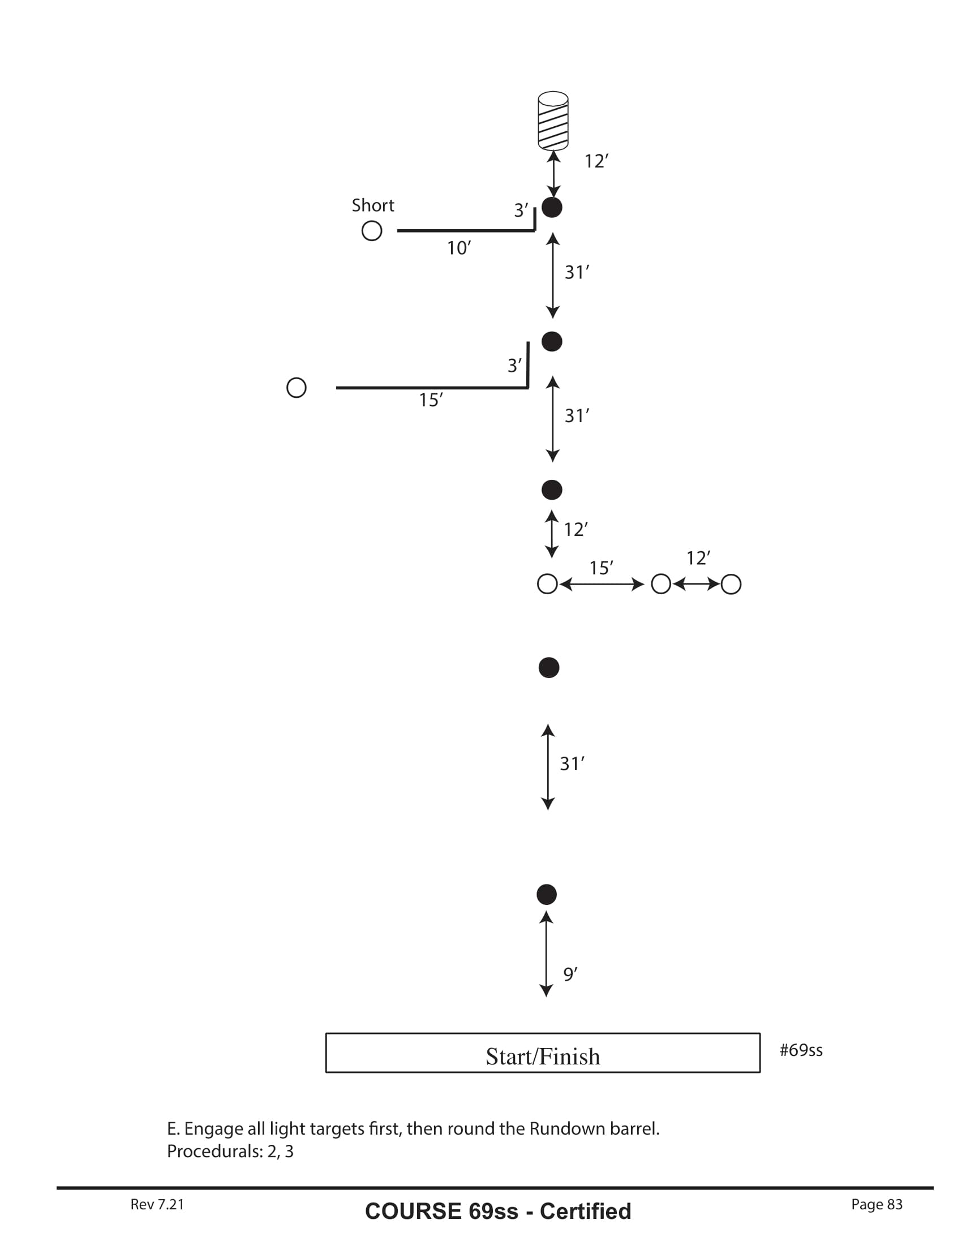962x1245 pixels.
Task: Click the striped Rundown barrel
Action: click(553, 121)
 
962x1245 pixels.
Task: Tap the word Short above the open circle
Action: click(373, 205)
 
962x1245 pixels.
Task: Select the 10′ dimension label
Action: click(459, 248)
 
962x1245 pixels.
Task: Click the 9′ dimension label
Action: click(570, 974)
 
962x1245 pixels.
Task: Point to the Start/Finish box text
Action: click(543, 1057)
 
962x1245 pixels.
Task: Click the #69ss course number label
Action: click(801, 1050)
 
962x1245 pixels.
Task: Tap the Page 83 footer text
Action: click(877, 1204)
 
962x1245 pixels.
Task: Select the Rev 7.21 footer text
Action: click(157, 1204)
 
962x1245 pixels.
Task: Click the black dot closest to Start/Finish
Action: click(547, 894)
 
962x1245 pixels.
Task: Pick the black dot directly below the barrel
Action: click(552, 208)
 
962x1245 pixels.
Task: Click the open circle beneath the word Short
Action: click(372, 231)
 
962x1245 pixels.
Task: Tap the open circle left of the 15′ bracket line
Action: click(297, 388)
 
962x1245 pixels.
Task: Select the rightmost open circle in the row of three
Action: click(731, 585)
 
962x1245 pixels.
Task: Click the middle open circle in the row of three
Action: click(661, 584)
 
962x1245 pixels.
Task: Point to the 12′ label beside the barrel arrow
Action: click(596, 161)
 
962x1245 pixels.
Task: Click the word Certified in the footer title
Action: click(585, 1212)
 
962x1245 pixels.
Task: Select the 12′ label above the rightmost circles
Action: click(698, 558)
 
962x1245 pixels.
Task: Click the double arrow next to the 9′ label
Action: click(546, 954)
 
